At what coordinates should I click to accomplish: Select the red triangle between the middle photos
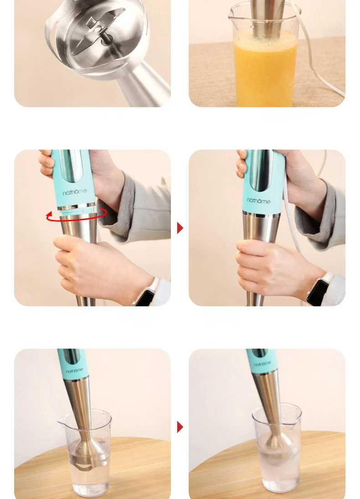pyautogui.click(x=180, y=228)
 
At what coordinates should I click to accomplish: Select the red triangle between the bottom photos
pyautogui.click(x=180, y=427)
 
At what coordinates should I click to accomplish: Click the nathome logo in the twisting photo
pyautogui.click(x=75, y=192)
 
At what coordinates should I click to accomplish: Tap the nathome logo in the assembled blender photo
pyautogui.click(x=258, y=200)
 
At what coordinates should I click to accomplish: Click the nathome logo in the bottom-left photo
pyautogui.click(x=75, y=370)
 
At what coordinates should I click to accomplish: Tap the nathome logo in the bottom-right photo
pyautogui.click(x=262, y=363)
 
